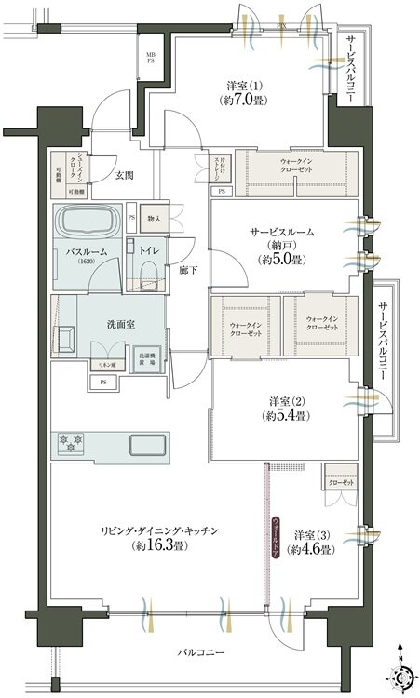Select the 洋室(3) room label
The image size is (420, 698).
(x=313, y=542)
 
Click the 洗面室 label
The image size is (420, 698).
(x=118, y=327)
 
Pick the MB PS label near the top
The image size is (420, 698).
(x=150, y=60)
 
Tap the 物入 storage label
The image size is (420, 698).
(x=155, y=219)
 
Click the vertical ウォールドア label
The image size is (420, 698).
(x=276, y=537)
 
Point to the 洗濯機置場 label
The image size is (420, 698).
(x=148, y=358)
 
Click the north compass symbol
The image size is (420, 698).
(x=400, y=672)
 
